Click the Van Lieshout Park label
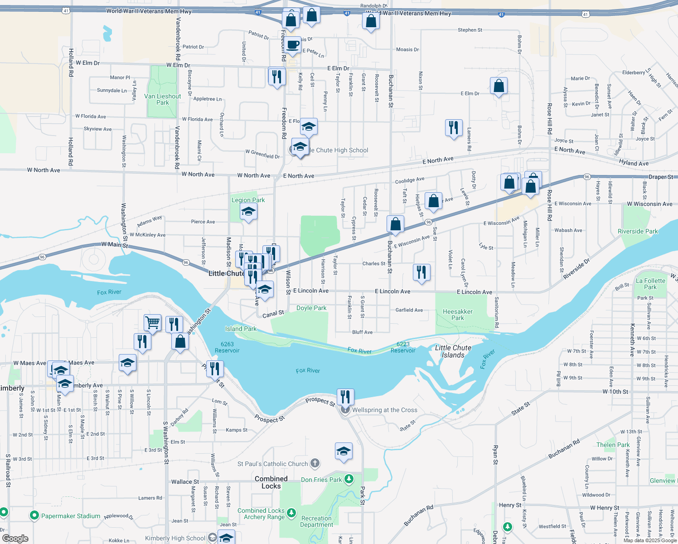coord(162,99)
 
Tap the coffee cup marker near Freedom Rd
coord(293,45)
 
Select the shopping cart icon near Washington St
coord(153,323)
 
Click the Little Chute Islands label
coord(453,351)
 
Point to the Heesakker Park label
coord(458,315)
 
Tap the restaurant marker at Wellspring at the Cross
coord(345,397)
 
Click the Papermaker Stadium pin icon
coord(34,515)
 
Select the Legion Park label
coord(248,200)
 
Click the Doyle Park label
coord(311,308)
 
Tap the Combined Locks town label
coord(271,482)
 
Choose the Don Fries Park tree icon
coord(349,479)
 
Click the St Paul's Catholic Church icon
coord(315,464)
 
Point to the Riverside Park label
coord(638,231)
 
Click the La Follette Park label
coord(650,284)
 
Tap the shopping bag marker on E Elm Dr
coord(499,86)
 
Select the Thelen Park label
coord(613,445)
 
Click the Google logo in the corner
coord(15,538)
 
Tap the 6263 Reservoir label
coord(227,347)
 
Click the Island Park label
coord(241,329)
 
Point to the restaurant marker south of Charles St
coord(421,272)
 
